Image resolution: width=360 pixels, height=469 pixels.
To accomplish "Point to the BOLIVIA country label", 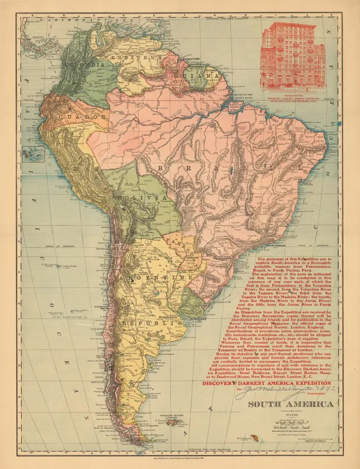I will (142, 198).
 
